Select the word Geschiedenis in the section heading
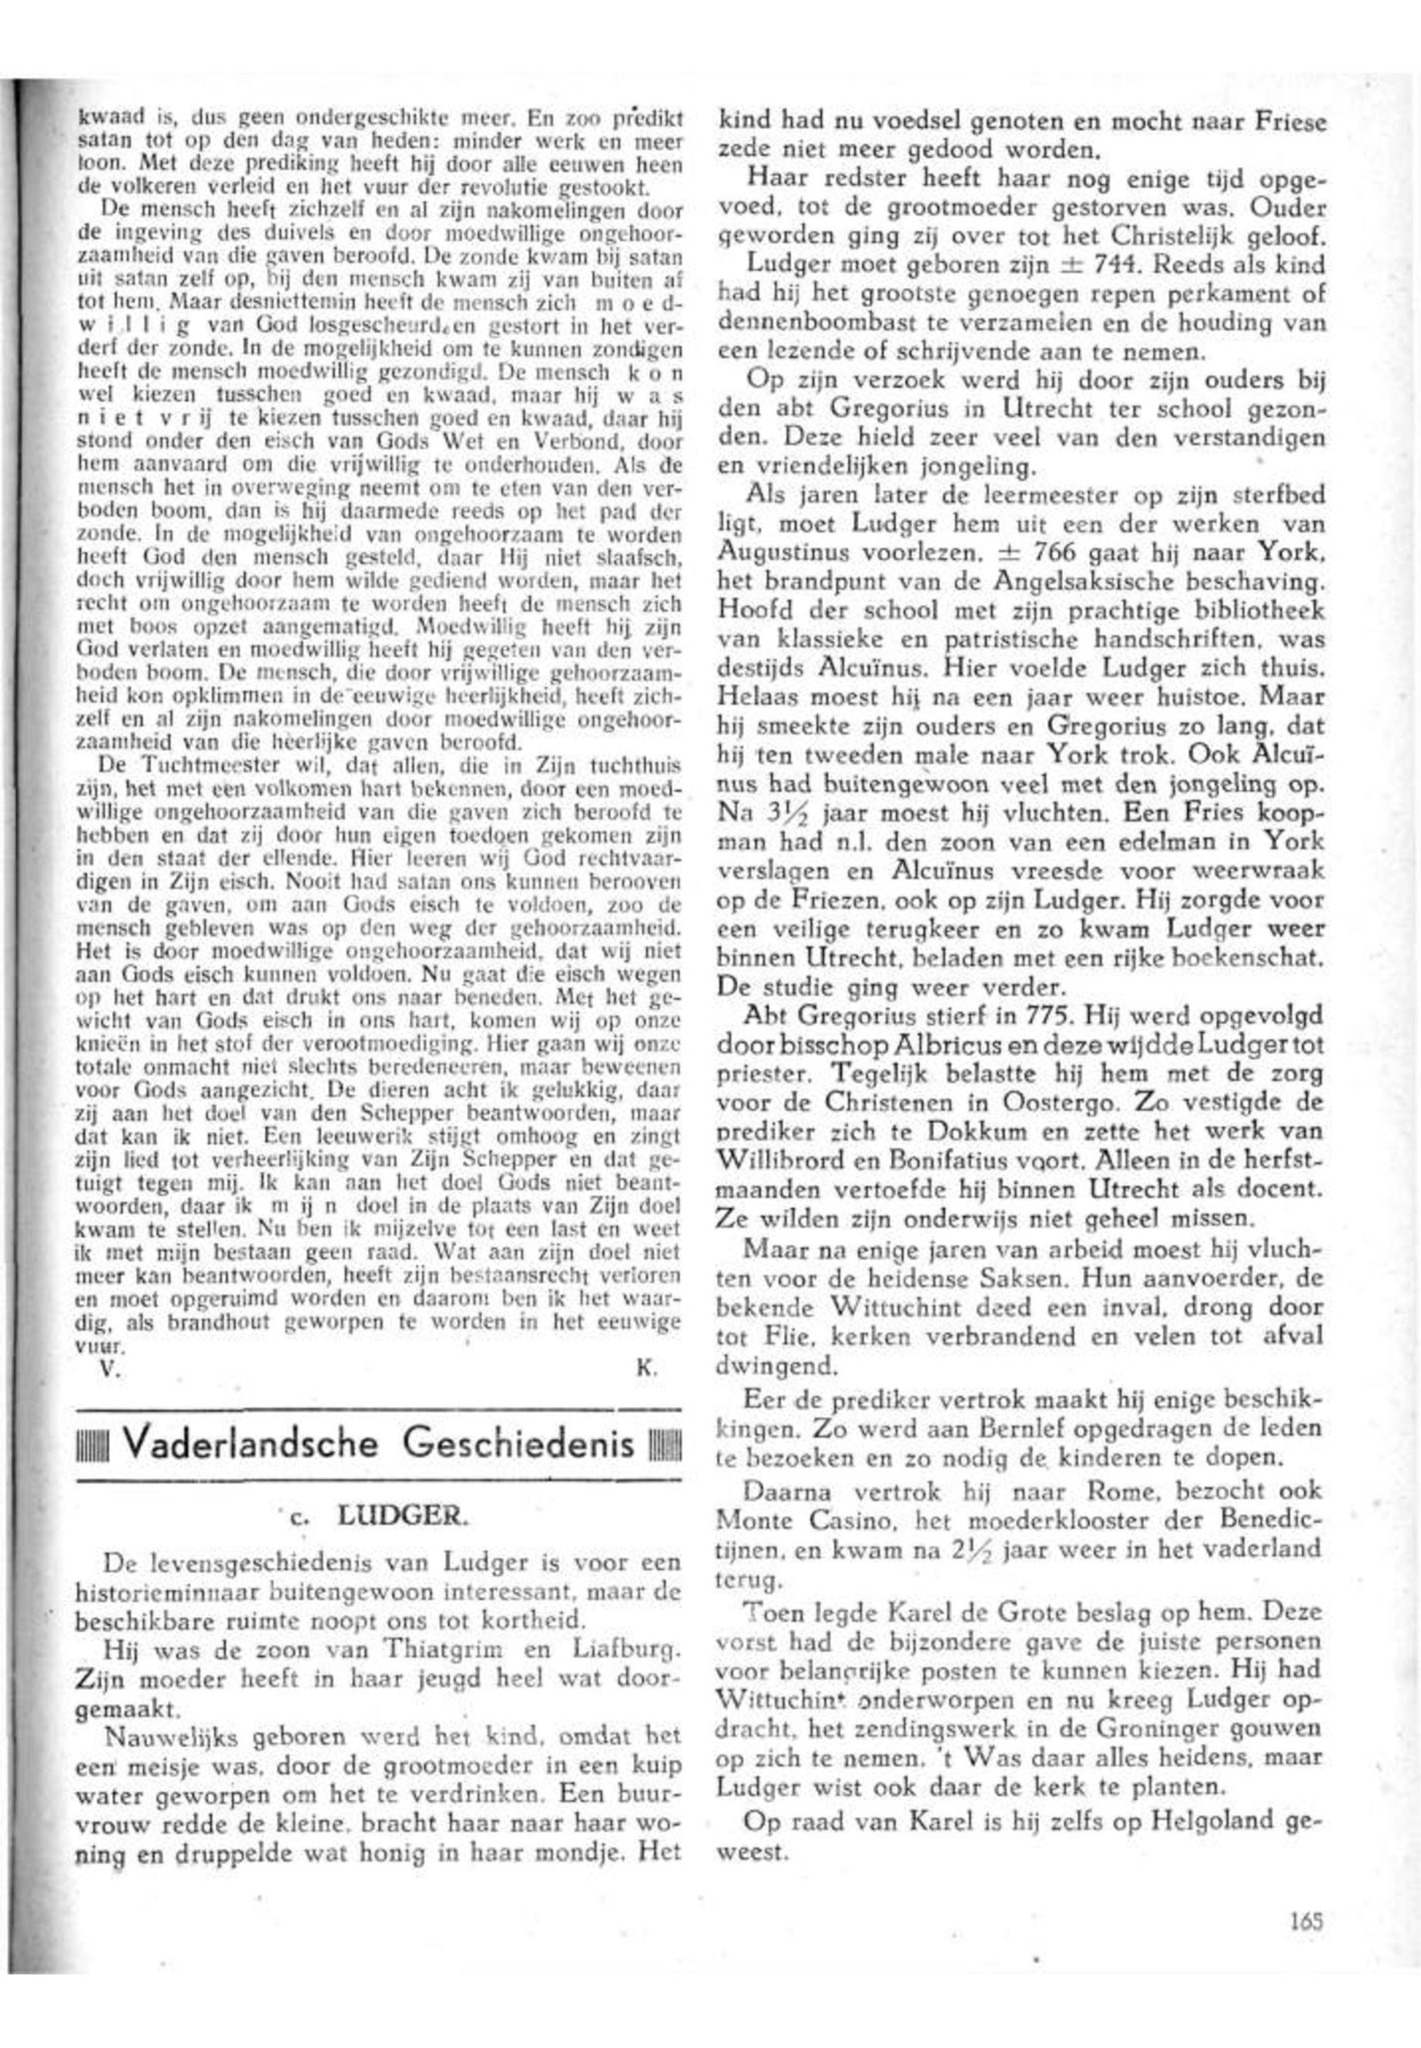[519, 1444]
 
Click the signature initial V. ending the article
[109, 1370]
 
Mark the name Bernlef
[1010, 1431]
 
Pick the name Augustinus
[779, 553]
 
